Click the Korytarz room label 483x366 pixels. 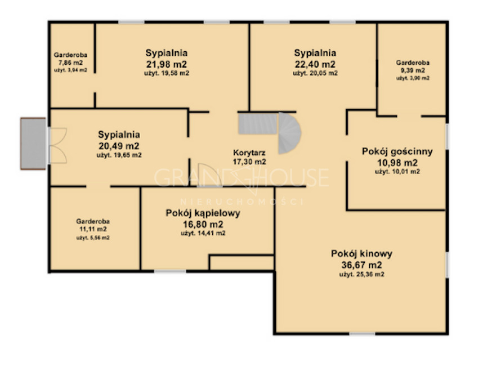(249, 152)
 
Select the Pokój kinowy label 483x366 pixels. (361, 253)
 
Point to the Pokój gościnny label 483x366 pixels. (397, 151)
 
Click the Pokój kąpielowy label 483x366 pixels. (203, 213)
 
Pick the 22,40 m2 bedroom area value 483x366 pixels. (315, 64)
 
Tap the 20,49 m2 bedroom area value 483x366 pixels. (119, 145)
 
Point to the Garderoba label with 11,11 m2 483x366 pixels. (93, 221)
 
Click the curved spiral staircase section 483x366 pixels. (290, 134)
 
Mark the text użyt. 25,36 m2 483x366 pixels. (362, 275)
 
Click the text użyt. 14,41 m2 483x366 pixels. (203, 233)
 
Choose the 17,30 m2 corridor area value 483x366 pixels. (249, 161)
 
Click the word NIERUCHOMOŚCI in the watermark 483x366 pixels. (241, 201)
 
